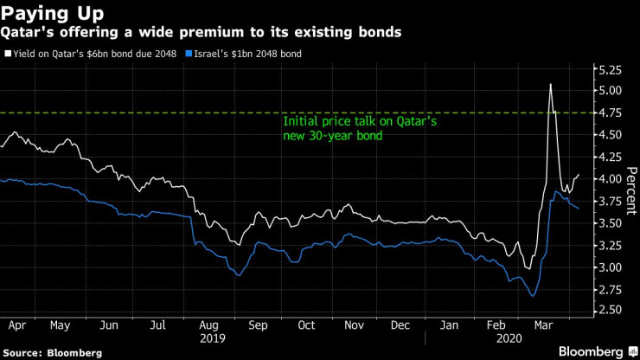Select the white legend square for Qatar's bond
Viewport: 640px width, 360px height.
pyautogui.click(x=8, y=54)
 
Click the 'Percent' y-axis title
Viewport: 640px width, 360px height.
pyautogui.click(x=630, y=190)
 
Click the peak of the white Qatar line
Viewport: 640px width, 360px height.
pyautogui.click(x=550, y=84)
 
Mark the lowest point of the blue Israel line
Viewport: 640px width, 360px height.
pyautogui.click(x=532, y=297)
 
